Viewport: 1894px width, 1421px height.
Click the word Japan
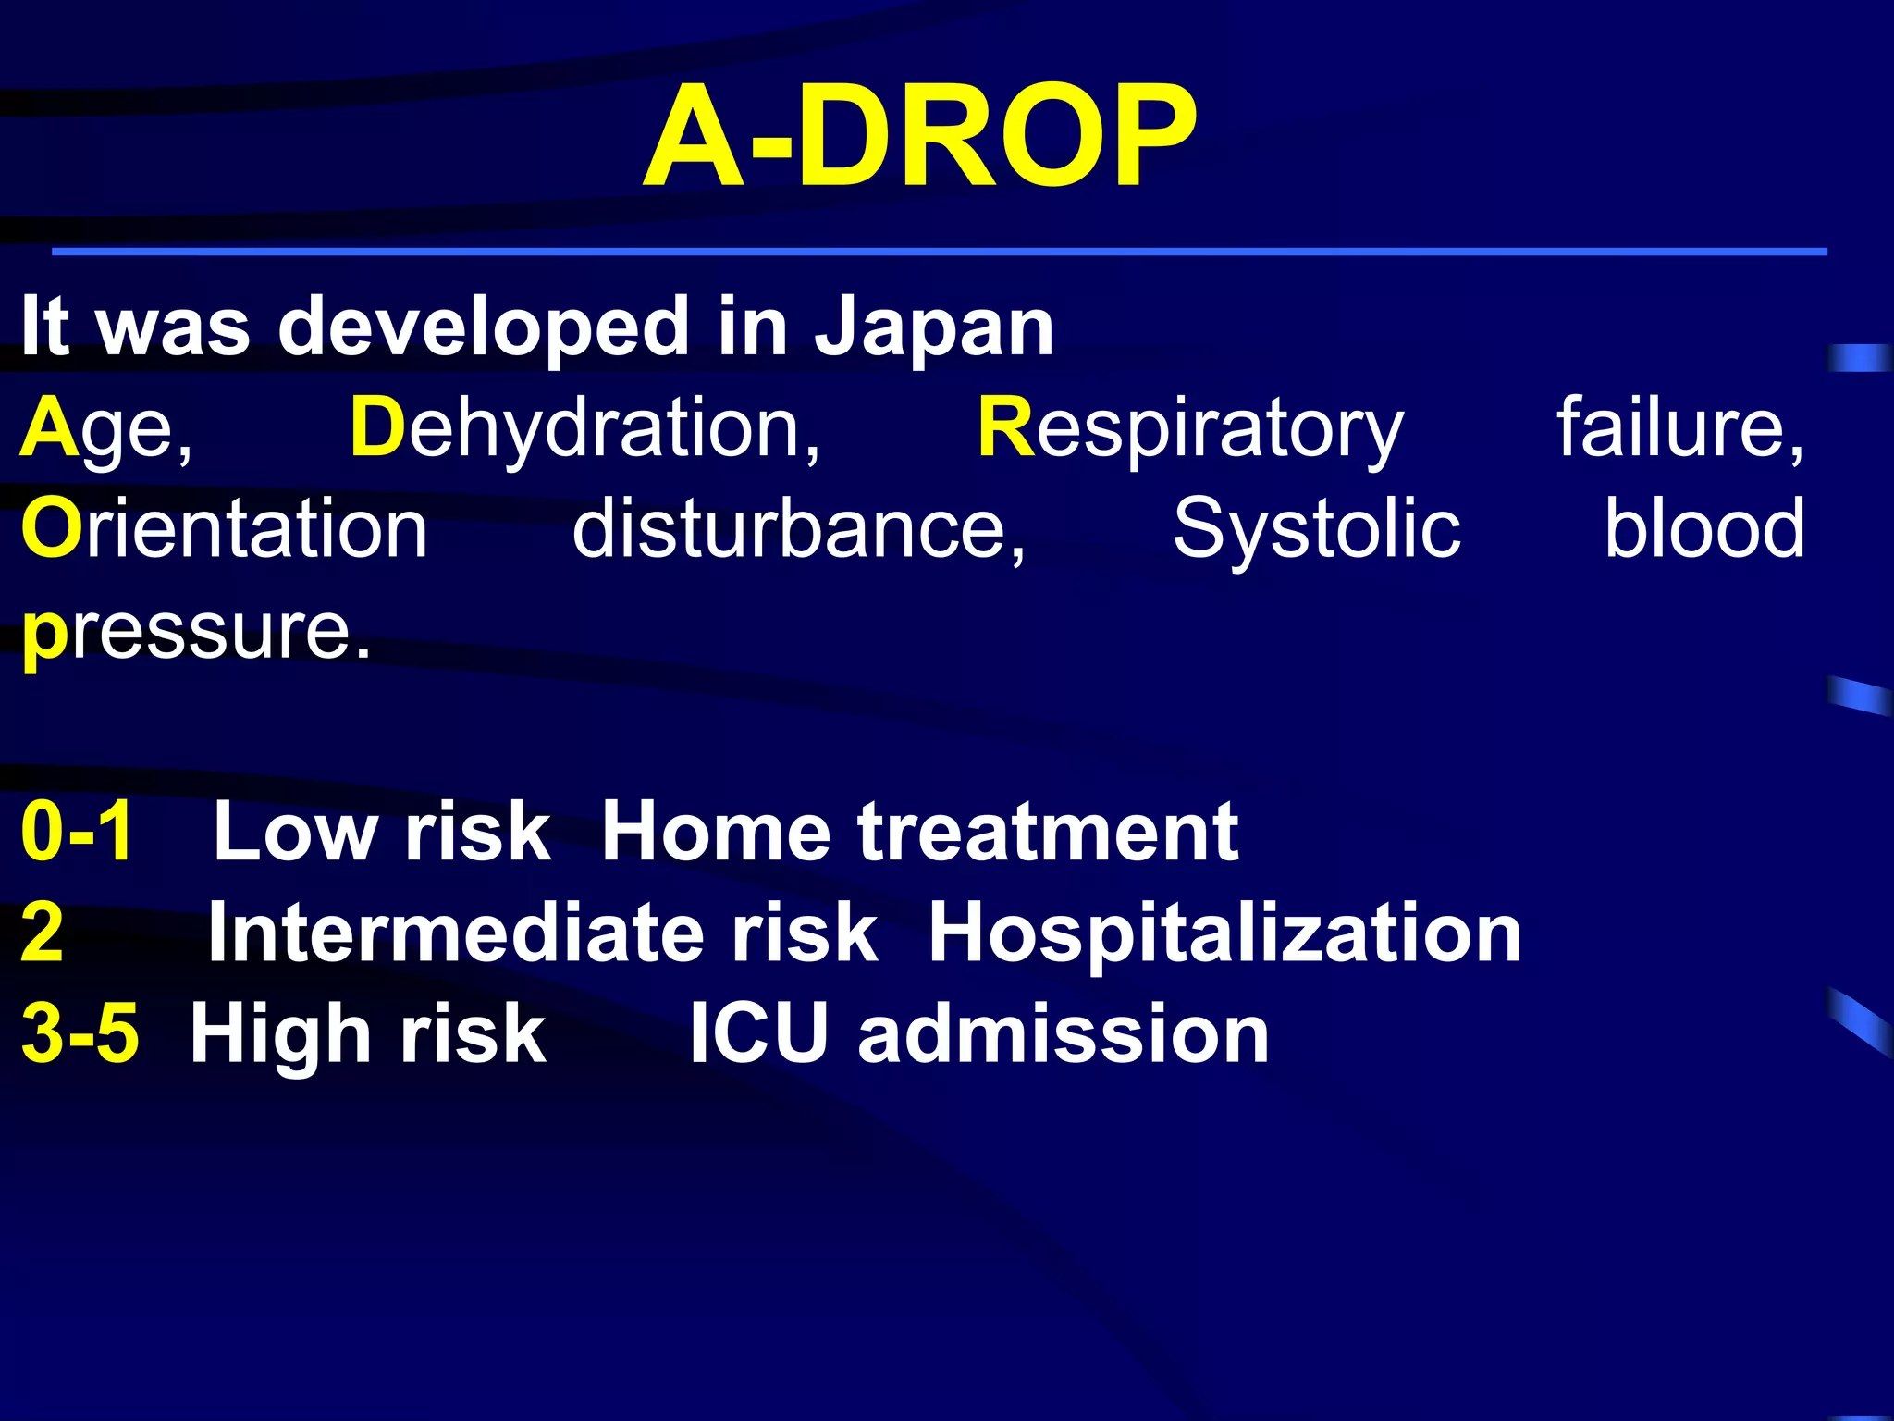(x=933, y=327)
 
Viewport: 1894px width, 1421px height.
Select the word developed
(x=482, y=327)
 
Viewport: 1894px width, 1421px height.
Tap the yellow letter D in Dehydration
(x=377, y=427)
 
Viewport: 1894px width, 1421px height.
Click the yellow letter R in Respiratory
(x=1005, y=427)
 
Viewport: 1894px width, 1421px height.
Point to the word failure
(x=1679, y=427)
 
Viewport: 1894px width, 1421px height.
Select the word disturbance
(x=798, y=528)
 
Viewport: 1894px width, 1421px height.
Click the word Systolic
(x=1316, y=528)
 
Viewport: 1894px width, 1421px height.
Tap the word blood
(x=1703, y=528)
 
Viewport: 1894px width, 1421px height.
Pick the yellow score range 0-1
(x=78, y=832)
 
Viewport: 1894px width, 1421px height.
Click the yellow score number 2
(x=43, y=933)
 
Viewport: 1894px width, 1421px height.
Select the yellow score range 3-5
(x=80, y=1033)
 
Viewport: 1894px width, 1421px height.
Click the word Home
(x=716, y=832)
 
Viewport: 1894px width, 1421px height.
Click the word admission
(x=1064, y=1033)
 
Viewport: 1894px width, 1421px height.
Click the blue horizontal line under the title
(x=939, y=252)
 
